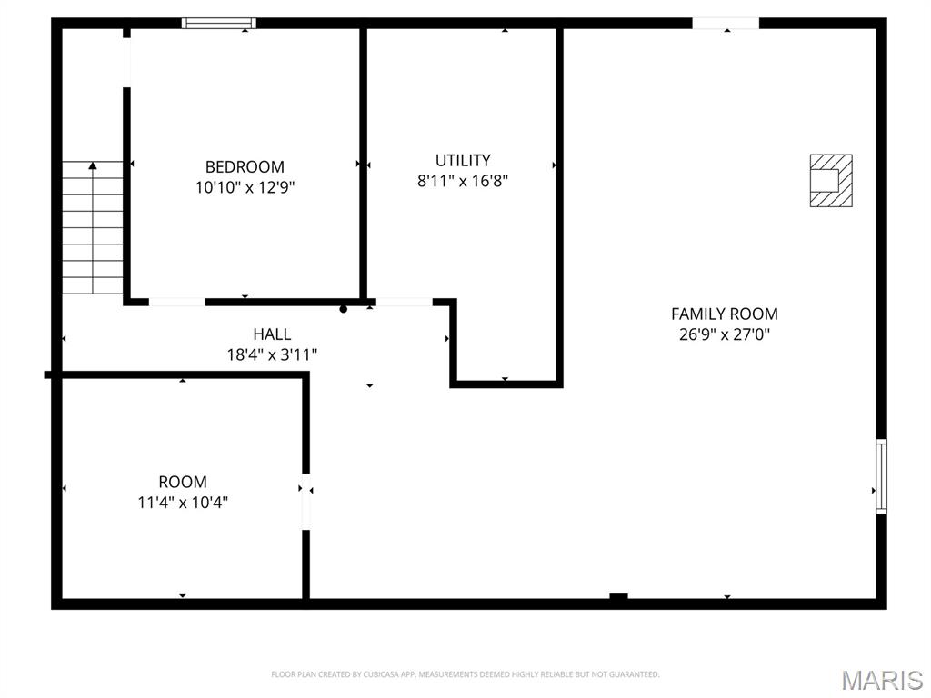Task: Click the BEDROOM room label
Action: point(245,167)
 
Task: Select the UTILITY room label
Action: point(462,160)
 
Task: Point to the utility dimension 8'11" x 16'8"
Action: point(462,181)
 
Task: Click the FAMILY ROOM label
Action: point(724,314)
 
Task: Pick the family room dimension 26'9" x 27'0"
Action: point(724,334)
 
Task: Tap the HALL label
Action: point(272,334)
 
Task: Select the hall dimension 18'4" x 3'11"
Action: point(272,354)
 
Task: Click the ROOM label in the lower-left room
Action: point(183,482)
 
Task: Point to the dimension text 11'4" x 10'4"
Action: point(183,502)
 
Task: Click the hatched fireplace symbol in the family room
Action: point(831,180)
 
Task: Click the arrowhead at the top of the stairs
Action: point(92,166)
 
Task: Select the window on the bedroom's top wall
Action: point(218,23)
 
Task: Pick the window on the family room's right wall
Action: point(881,476)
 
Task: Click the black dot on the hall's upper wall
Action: point(343,309)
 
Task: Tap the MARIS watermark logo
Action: point(881,680)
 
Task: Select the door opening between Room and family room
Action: point(306,501)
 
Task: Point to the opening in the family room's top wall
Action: point(726,23)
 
